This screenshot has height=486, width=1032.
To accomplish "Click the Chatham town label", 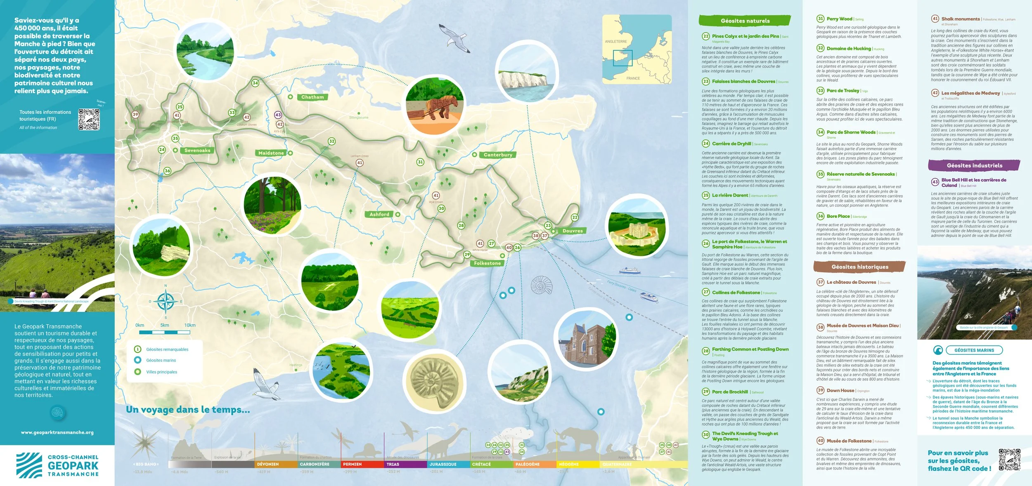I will pyautogui.click(x=312, y=97).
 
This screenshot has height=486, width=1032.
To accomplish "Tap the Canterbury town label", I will pyautogui.click(x=498, y=155).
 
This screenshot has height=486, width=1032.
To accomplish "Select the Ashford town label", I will pyautogui.click(x=379, y=215).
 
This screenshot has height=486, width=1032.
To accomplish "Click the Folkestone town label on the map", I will pyautogui.click(x=487, y=263).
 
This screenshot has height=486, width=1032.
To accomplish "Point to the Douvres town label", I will pyautogui.click(x=573, y=231).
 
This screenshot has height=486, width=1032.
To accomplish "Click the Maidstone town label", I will pyautogui.click(x=271, y=153).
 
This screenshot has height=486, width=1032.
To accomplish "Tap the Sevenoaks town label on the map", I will pyautogui.click(x=197, y=151).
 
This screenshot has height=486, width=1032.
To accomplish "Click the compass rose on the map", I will pyautogui.click(x=166, y=302).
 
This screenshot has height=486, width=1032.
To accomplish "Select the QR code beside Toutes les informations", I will pyautogui.click(x=89, y=120).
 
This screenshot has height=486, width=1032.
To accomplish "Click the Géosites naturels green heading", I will pyautogui.click(x=745, y=21).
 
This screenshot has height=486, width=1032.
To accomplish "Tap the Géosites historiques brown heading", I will pyautogui.click(x=859, y=267).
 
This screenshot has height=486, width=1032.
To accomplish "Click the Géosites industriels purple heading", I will pyautogui.click(x=974, y=165).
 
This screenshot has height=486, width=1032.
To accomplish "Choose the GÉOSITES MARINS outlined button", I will pyautogui.click(x=974, y=350).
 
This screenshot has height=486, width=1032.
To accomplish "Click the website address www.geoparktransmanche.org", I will pyautogui.click(x=57, y=432).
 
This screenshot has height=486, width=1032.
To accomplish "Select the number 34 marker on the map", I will pyautogui.click(x=255, y=83).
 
